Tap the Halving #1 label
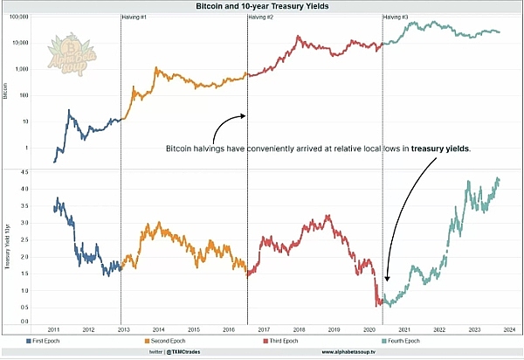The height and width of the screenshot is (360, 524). click(x=134, y=17)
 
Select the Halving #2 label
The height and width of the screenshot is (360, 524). click(x=260, y=17)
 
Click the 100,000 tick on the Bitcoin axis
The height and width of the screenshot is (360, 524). click(x=20, y=17)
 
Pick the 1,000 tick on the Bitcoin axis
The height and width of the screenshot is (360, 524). click(x=23, y=68)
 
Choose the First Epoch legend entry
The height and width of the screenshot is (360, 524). click(x=44, y=340)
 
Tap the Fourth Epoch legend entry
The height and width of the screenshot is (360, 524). click(x=421, y=340)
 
